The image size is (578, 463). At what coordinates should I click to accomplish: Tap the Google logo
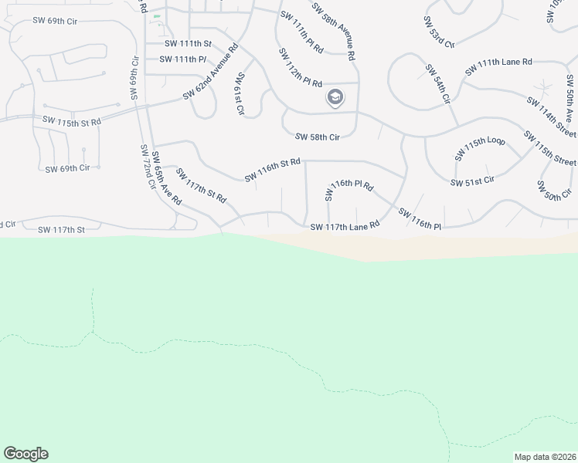point(25,454)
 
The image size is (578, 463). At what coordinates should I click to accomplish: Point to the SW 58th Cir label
point(318,137)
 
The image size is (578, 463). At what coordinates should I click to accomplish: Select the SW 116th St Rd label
point(271,171)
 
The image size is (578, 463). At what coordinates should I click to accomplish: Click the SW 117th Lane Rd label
point(345,226)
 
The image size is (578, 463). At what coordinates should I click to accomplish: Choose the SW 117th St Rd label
point(200,185)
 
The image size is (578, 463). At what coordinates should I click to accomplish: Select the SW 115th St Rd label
point(72,121)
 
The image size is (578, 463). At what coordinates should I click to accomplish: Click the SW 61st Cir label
point(240,93)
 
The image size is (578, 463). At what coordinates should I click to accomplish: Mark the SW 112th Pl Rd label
point(301,69)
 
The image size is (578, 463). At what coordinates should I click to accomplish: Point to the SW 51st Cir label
point(472,181)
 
